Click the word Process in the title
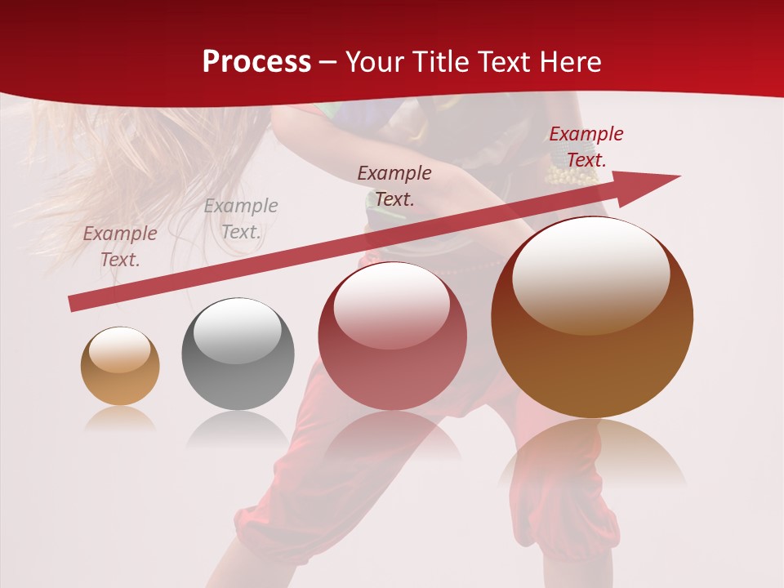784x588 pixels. coord(256,62)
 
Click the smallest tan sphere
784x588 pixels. coord(120,366)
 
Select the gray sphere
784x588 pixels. coord(238,354)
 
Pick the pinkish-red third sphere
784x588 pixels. coord(392,336)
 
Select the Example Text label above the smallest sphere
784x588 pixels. coord(120,246)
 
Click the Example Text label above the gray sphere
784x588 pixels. coord(240,219)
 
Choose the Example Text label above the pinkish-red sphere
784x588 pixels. coord(394,185)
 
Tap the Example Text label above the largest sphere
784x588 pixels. coord(586,147)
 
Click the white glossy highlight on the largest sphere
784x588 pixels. coord(590,274)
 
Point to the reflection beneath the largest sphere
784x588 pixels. coord(592,457)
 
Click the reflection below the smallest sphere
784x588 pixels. coord(120,419)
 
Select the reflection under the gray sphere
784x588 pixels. coord(238,428)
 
